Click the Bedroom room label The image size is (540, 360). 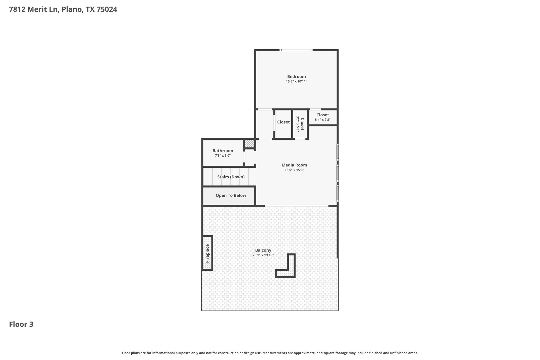pos(296,76)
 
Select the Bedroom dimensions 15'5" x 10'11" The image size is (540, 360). pos(296,81)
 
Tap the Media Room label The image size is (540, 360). pos(294,165)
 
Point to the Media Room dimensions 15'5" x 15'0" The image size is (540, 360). pos(294,170)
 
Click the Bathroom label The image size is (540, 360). pos(223,151)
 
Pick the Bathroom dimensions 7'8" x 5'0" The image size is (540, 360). pos(223,156)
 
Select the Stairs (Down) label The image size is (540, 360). pos(231,177)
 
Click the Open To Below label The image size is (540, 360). pos(231,195)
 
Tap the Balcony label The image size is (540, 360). pos(263,250)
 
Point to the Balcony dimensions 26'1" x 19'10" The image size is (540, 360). pos(263,255)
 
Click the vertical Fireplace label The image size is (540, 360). pos(207,253)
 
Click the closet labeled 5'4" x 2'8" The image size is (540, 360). pos(322,117)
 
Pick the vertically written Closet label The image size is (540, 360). pos(302,124)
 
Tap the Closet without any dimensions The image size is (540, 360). pos(283,122)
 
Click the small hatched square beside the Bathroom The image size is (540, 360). pos(249,144)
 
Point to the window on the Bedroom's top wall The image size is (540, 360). pos(296,50)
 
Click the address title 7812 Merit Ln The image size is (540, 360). pos(63,9)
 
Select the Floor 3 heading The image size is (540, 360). pos(21,324)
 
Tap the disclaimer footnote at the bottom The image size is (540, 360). pos(270,353)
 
